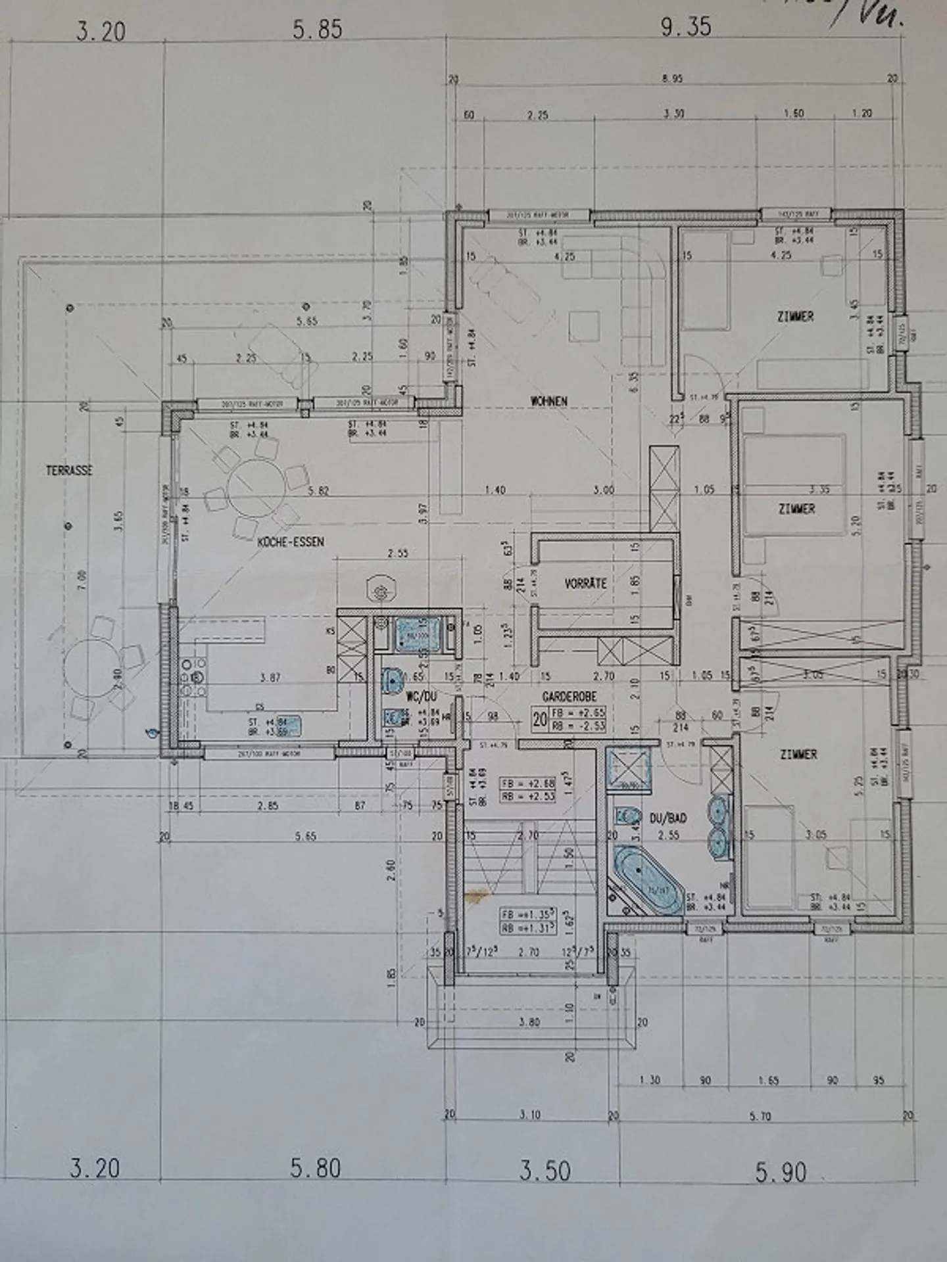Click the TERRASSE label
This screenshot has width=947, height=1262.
pyautogui.click(x=69, y=471)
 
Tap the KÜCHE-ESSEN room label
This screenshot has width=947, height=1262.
pyautogui.click(x=290, y=542)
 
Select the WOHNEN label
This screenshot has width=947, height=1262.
pyautogui.click(x=549, y=400)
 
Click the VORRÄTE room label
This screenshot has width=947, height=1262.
pyautogui.click(x=585, y=583)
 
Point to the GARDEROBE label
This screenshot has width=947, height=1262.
pyautogui.click(x=570, y=696)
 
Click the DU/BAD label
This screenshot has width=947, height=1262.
pyautogui.click(x=668, y=818)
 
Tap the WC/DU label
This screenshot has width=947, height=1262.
pyautogui.click(x=422, y=695)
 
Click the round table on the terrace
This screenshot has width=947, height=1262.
pyautogui.click(x=91, y=669)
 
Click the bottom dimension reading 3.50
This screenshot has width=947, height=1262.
pyautogui.click(x=545, y=1171)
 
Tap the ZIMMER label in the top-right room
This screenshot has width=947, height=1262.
pyautogui.click(x=795, y=317)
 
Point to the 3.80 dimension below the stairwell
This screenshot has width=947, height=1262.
pyautogui.click(x=529, y=1021)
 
